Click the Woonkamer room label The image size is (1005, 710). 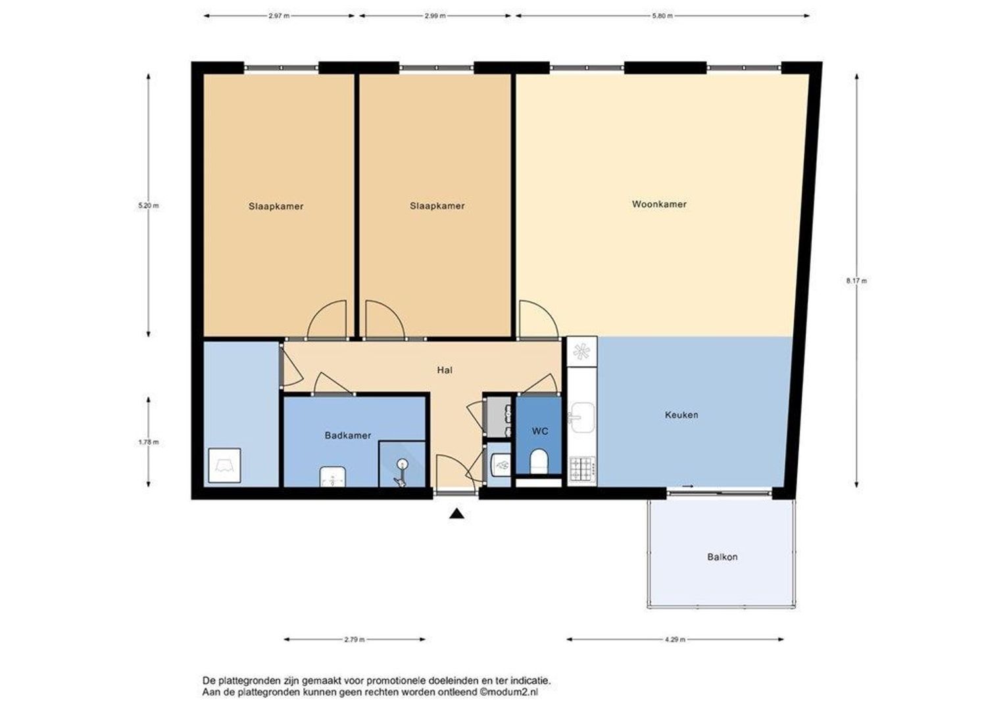click(x=659, y=204)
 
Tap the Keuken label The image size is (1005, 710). click(x=681, y=415)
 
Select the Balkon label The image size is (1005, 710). click(x=722, y=557)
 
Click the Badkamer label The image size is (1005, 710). click(x=348, y=435)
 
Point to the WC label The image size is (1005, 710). click(x=540, y=431)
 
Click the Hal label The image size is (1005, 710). click(x=445, y=370)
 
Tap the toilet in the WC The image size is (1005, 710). click(x=539, y=461)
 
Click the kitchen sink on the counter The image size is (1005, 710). click(x=582, y=417)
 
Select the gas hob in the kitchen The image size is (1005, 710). click(x=582, y=469)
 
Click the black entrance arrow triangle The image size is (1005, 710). click(x=456, y=514)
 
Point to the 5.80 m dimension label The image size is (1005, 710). click(x=662, y=16)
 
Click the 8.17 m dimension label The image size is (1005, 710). click(x=856, y=281)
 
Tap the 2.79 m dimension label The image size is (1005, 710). click(x=355, y=640)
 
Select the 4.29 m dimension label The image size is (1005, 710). click(x=675, y=640)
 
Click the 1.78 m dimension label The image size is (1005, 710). click(x=149, y=442)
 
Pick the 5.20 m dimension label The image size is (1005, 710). click(x=149, y=206)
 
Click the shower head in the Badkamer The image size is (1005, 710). click(x=402, y=463)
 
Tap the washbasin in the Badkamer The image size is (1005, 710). click(x=332, y=477)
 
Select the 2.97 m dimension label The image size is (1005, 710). click(x=279, y=16)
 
